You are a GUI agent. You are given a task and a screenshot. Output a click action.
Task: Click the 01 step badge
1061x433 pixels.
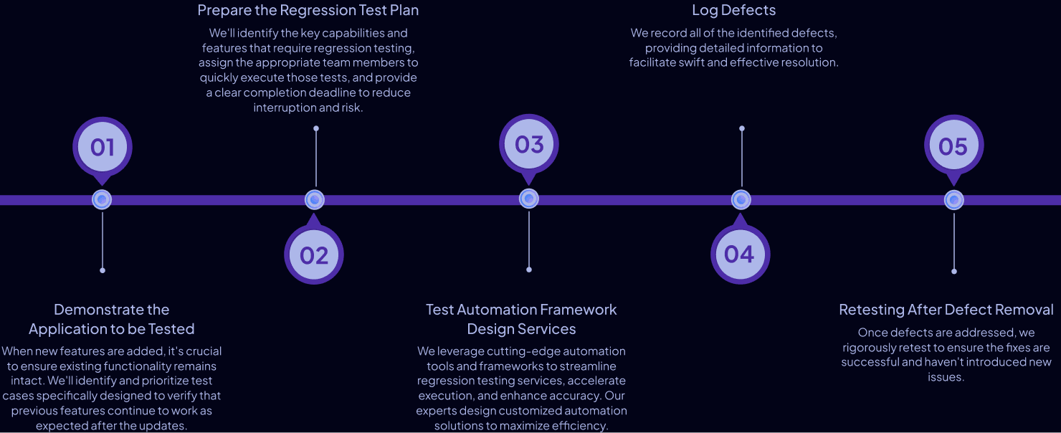[103, 147]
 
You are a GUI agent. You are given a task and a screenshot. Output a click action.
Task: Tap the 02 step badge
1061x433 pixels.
[314, 255]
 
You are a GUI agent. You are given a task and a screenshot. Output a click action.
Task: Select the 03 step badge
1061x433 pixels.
[529, 145]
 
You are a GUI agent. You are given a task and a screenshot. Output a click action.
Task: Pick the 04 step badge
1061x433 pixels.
[740, 254]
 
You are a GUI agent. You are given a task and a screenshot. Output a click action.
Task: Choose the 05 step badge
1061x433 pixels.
[953, 147]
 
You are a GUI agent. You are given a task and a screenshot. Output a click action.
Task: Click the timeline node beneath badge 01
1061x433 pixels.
[103, 199]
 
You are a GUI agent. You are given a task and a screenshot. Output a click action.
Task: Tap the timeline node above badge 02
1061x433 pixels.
[315, 200]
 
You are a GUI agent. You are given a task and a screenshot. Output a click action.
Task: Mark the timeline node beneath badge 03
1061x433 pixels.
[529, 199]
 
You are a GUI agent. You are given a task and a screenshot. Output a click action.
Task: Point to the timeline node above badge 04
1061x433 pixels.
[741, 200]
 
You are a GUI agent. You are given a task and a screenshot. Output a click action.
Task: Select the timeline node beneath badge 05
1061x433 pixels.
[953, 200]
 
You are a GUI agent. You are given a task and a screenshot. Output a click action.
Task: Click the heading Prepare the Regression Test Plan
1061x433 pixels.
[308, 10]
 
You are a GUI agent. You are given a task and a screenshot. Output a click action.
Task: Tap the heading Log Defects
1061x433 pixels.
[733, 10]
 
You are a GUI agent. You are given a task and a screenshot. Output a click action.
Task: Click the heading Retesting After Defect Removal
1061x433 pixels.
[946, 310]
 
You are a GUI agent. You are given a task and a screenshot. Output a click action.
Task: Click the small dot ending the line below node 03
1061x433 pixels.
[529, 270]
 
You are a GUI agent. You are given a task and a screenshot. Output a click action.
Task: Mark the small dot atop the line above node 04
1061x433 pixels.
[742, 129]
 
